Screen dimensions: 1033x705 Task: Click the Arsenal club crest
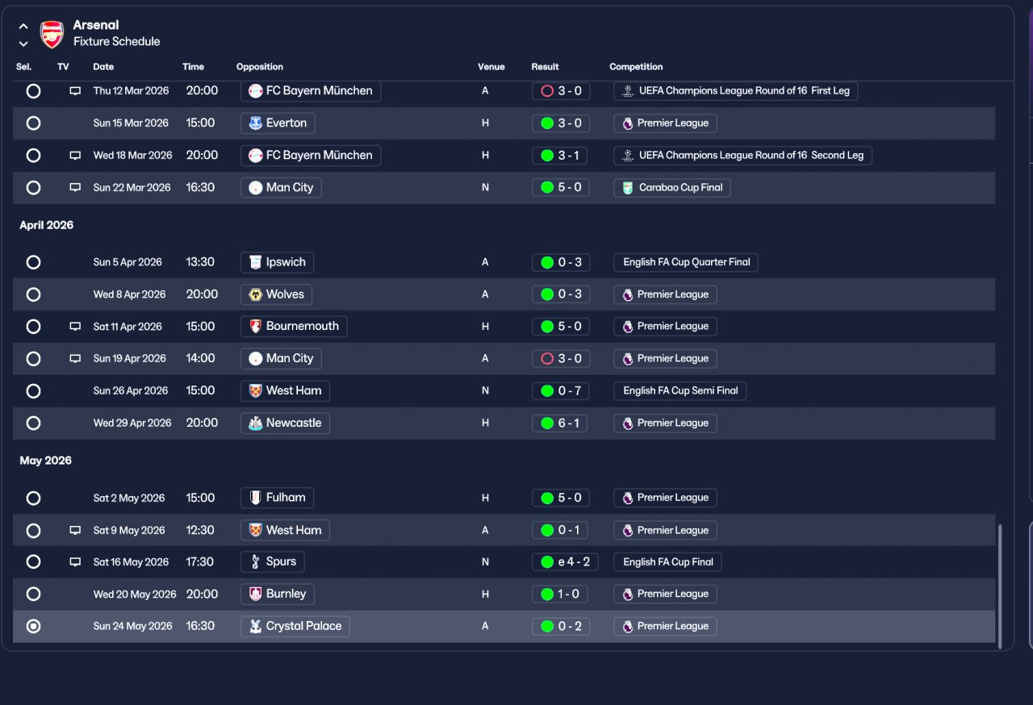[x=52, y=35]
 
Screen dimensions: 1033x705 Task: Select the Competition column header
[x=635, y=67]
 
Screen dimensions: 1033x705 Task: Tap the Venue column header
[x=491, y=67]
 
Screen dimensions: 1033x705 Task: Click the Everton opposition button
[x=278, y=123]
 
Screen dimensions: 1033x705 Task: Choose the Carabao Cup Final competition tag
[x=672, y=187]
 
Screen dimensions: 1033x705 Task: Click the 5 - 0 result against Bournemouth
[x=561, y=326]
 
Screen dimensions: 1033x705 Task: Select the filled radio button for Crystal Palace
[x=33, y=626]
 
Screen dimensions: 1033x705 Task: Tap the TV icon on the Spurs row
[x=75, y=561]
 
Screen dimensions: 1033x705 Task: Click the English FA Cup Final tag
[x=667, y=561]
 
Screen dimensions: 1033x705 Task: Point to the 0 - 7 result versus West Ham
[x=561, y=390]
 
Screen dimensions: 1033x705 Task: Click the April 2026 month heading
[x=47, y=225]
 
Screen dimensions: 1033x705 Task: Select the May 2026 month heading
[x=46, y=461]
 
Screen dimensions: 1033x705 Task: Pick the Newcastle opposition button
[x=285, y=423]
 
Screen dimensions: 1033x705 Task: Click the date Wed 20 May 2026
[x=135, y=594]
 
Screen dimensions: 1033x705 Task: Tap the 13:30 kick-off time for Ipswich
[x=200, y=261]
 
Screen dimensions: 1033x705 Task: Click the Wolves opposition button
[x=276, y=294]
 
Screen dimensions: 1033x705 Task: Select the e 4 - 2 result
[x=565, y=561]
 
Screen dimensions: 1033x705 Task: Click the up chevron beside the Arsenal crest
[x=23, y=27]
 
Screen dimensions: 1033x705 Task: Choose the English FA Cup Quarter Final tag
[x=686, y=262]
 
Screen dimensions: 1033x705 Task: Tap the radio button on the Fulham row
[x=33, y=499]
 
